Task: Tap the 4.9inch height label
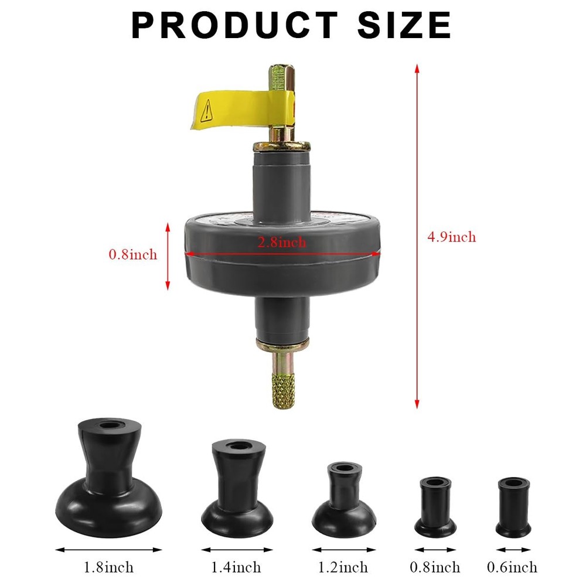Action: coord(451,237)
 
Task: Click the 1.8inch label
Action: coord(108,567)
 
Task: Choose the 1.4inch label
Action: coord(236,567)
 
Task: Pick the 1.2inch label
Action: coord(343,567)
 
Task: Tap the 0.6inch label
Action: coord(512,567)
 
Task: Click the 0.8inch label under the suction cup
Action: coord(435,567)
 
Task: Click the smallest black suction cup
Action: coord(513,507)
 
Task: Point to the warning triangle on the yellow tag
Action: coord(206,110)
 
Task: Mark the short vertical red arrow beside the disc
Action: coord(168,256)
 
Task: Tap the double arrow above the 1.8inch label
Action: coord(108,550)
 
